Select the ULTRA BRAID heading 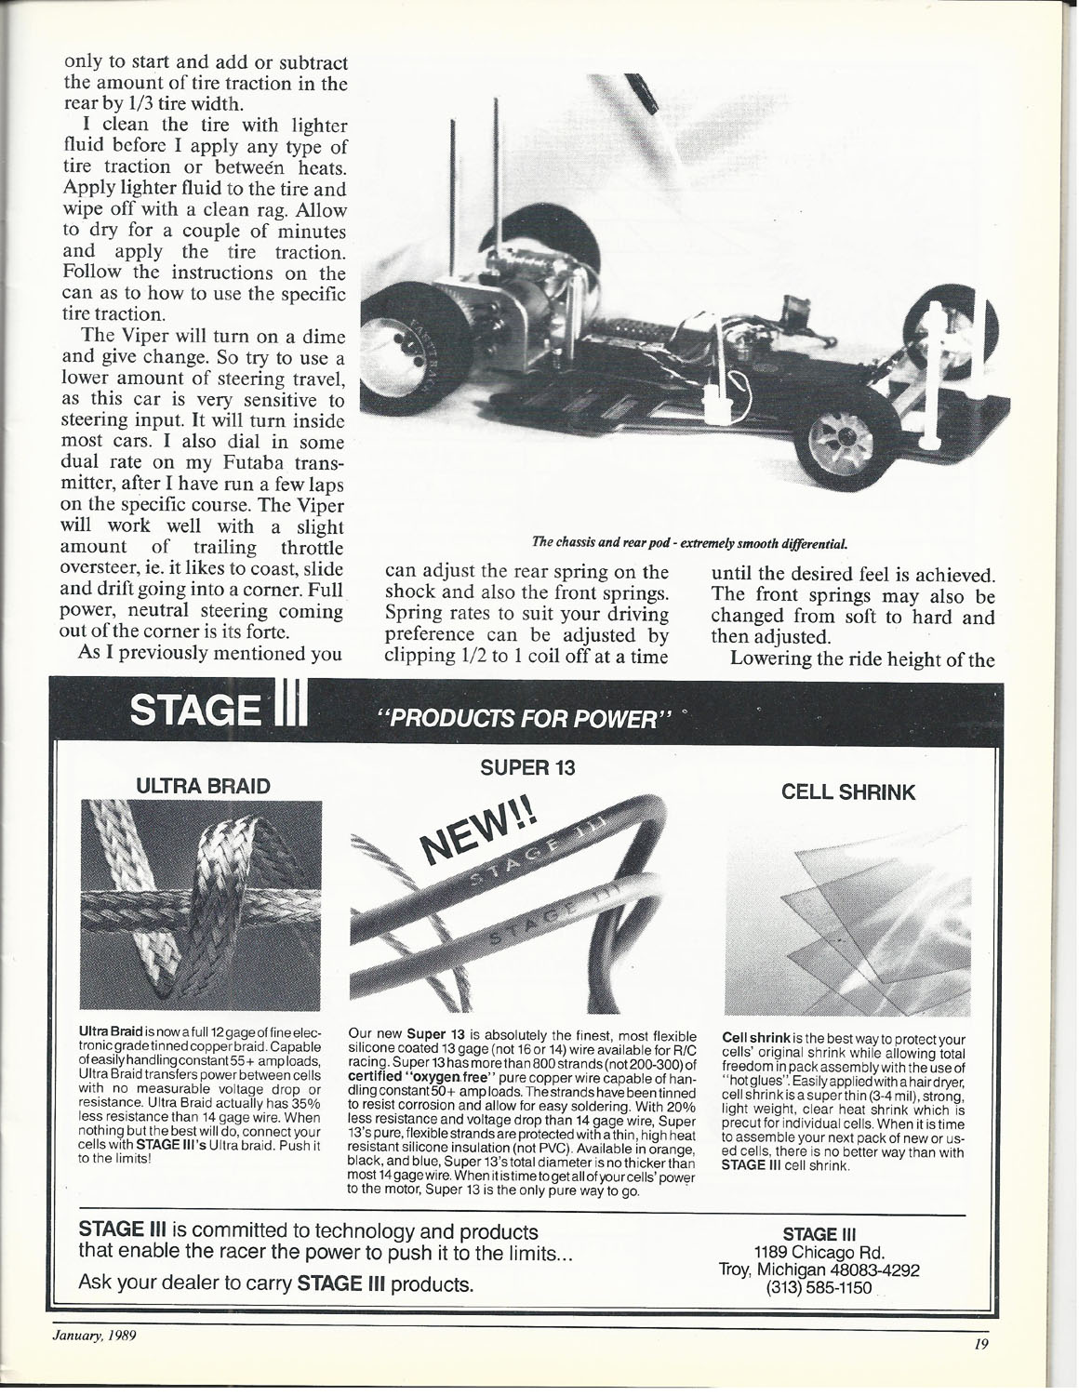click(x=204, y=786)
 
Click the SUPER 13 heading click(x=528, y=767)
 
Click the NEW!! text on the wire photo click(x=479, y=827)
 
